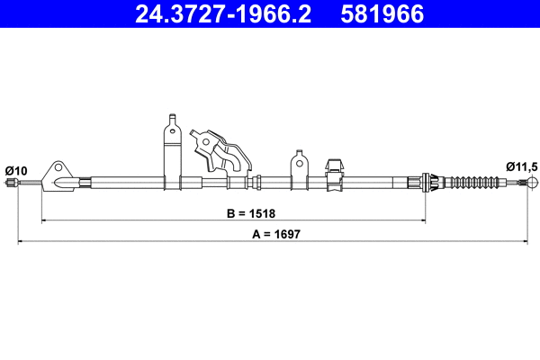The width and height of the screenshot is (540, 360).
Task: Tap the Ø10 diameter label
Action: [x=16, y=169]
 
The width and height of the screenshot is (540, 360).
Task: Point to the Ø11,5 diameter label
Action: [x=521, y=166]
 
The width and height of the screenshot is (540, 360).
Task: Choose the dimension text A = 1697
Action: [x=276, y=233]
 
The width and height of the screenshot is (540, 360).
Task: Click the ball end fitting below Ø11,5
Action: [x=533, y=184]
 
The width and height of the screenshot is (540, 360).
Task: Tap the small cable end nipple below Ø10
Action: [x=11, y=184]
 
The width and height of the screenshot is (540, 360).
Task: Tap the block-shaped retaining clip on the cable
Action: [x=331, y=174]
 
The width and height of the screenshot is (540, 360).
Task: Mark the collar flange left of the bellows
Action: [x=428, y=184]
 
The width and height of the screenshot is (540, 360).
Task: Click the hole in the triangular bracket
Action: [x=60, y=168]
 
